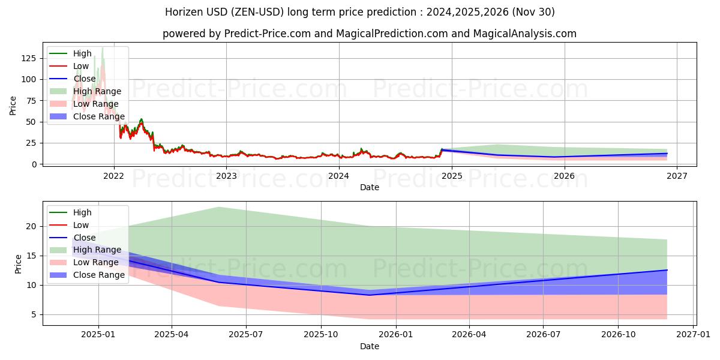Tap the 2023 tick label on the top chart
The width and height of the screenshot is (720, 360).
pos(226,176)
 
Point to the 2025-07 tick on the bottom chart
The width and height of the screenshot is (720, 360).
pos(247,335)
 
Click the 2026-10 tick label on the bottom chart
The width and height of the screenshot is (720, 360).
pos(618,335)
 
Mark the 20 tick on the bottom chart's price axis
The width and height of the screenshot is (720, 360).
pos(31,226)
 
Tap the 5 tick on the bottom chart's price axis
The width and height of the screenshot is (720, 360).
pos(34,314)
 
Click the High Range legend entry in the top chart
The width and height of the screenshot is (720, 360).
pos(97,91)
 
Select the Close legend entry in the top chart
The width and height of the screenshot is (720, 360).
pos(85,79)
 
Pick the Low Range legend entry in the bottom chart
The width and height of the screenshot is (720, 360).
pos(96,262)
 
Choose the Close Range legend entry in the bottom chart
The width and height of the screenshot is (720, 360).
pos(99,275)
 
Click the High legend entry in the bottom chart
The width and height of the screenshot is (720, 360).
pos(82,212)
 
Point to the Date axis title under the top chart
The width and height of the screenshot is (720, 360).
pos(369,187)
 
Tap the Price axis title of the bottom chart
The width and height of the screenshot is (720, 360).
pos(19,263)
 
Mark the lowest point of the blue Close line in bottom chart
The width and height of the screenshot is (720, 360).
pos(370,295)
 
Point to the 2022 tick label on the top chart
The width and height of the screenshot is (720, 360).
pos(113,176)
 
